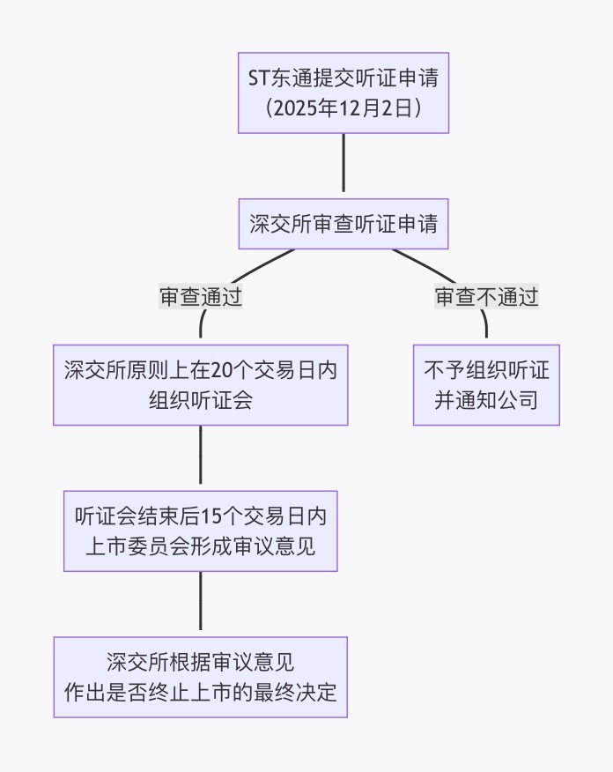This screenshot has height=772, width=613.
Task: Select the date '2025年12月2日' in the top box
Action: tap(343, 108)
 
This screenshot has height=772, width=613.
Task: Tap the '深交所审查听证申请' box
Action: tap(343, 223)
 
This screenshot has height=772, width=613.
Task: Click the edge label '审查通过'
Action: tap(200, 297)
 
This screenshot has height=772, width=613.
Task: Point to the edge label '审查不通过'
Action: tap(486, 297)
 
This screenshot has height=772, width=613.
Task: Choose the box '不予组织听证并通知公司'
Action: tap(486, 384)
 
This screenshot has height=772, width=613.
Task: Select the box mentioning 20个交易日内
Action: tap(200, 384)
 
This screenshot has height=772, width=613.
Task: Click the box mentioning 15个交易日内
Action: tap(200, 531)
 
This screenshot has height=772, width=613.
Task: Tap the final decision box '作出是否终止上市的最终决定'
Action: tap(200, 677)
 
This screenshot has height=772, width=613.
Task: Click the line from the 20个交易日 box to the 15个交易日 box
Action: tap(200, 457)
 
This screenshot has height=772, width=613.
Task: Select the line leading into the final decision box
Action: tap(200, 603)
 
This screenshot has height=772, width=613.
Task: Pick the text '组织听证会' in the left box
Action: tap(200, 400)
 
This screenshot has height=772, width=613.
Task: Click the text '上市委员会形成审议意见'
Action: tap(200, 546)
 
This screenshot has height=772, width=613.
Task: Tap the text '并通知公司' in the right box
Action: tap(486, 400)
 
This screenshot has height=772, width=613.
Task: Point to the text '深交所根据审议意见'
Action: tap(200, 662)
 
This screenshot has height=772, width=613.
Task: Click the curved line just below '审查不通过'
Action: tap(485, 326)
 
